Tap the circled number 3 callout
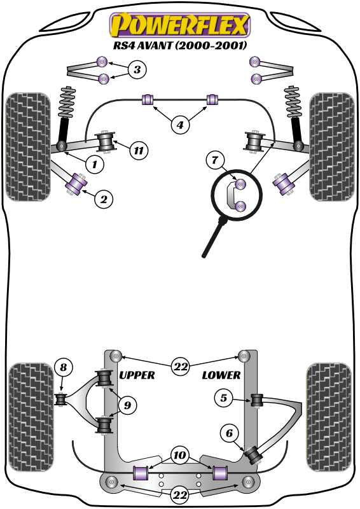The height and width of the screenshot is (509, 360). click(x=136, y=70)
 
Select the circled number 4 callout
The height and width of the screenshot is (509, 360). click(x=180, y=125)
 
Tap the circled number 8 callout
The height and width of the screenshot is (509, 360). click(x=62, y=366)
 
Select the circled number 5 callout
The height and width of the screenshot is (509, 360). click(x=223, y=399)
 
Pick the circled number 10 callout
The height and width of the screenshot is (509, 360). click(x=180, y=456)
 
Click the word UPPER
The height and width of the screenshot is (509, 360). click(x=137, y=375)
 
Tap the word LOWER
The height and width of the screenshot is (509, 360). click(x=221, y=375)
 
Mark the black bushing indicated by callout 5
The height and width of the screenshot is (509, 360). click(x=257, y=400)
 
